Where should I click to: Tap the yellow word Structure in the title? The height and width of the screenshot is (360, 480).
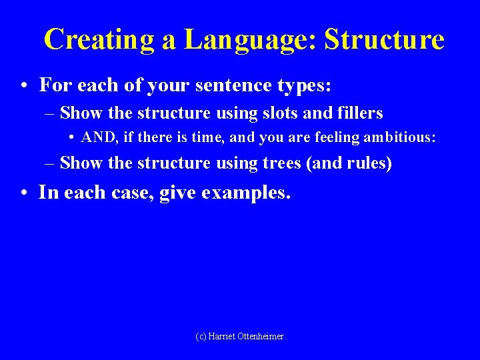[384, 39]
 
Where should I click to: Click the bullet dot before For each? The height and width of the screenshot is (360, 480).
[23, 86]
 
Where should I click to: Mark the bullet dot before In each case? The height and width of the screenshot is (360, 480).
[23, 193]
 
